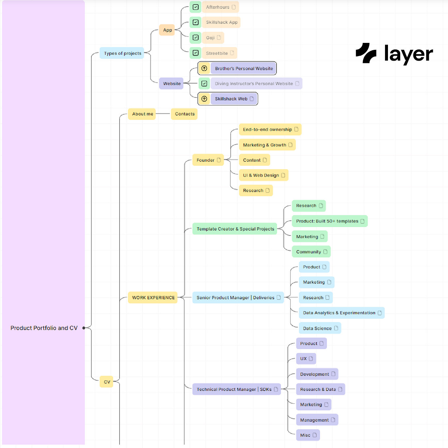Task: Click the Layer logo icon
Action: [366, 53]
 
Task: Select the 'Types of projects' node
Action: [122, 53]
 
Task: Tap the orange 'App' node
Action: [167, 30]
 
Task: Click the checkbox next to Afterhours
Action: [196, 7]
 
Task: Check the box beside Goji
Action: [196, 38]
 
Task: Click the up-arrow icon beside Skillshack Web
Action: [204, 99]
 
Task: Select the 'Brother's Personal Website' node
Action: [243, 68]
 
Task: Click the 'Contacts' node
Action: [184, 114]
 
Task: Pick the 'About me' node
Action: [142, 114]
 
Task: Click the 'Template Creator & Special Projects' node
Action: [235, 229]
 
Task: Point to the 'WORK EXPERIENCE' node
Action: [153, 298]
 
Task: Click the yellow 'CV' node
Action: [107, 382]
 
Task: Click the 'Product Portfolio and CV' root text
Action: [44, 328]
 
